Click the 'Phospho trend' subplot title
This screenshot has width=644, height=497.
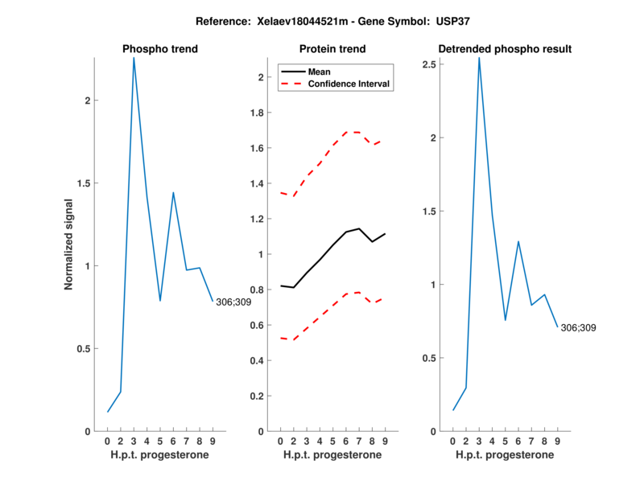pos(160,49)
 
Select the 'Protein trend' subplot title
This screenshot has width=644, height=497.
pos(332,49)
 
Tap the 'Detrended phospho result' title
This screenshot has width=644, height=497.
pos(505,49)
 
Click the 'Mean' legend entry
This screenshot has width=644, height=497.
pos(320,72)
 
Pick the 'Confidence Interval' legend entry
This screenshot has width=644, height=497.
pos(349,84)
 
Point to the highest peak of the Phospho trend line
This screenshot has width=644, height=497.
pos(134,58)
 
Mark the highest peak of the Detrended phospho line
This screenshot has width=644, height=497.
pos(479,58)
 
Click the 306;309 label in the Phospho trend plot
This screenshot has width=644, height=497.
pos(233,302)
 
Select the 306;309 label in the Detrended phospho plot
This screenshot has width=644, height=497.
pos(579,327)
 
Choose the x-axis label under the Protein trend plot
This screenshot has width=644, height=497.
pos(332,455)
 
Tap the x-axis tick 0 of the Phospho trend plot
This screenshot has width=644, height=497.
pos(108,441)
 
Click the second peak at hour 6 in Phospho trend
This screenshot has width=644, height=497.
pos(173,193)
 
